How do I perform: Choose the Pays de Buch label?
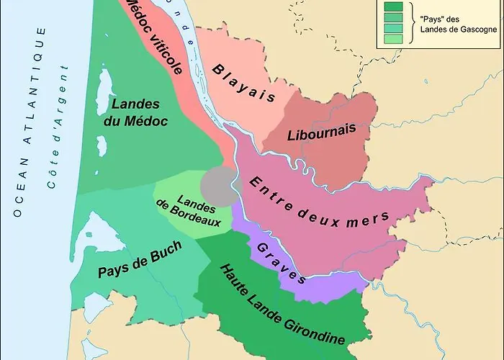[x=139, y=261]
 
